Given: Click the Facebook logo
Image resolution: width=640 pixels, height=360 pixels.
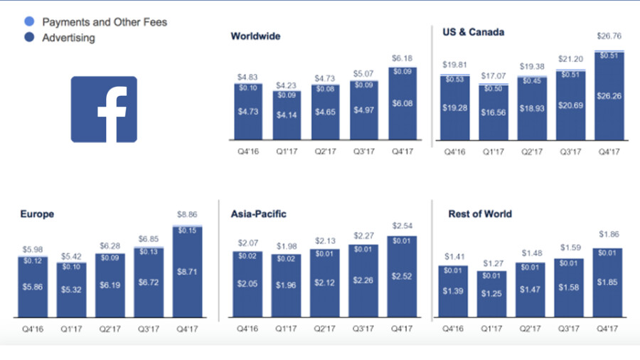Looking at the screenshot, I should (x=104, y=109).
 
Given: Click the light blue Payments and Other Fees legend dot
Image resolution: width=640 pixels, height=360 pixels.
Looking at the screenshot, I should (x=28, y=22).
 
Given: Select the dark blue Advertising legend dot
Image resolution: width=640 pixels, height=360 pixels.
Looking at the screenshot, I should (x=28, y=37).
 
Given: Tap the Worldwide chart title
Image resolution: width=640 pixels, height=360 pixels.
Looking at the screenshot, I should (x=255, y=36).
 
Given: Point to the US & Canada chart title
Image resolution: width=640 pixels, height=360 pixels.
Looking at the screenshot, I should (x=473, y=32).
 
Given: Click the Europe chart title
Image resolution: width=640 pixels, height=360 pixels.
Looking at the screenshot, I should (x=37, y=213).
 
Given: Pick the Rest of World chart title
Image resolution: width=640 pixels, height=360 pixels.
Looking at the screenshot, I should (x=480, y=213).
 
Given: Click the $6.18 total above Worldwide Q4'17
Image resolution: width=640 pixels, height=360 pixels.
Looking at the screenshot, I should (x=402, y=58).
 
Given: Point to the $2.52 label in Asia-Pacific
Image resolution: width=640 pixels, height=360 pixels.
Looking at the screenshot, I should (x=402, y=276).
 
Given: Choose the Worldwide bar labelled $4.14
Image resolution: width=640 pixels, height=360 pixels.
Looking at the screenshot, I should (x=287, y=115).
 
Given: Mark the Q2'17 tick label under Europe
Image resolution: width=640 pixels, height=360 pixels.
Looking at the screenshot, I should (x=109, y=329).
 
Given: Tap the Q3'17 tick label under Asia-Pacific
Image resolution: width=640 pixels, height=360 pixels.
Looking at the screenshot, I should (x=363, y=329).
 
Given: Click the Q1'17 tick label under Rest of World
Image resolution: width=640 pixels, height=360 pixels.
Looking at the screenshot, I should (x=494, y=329).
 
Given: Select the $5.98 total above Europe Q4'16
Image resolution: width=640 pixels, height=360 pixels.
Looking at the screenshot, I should (x=31, y=249).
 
